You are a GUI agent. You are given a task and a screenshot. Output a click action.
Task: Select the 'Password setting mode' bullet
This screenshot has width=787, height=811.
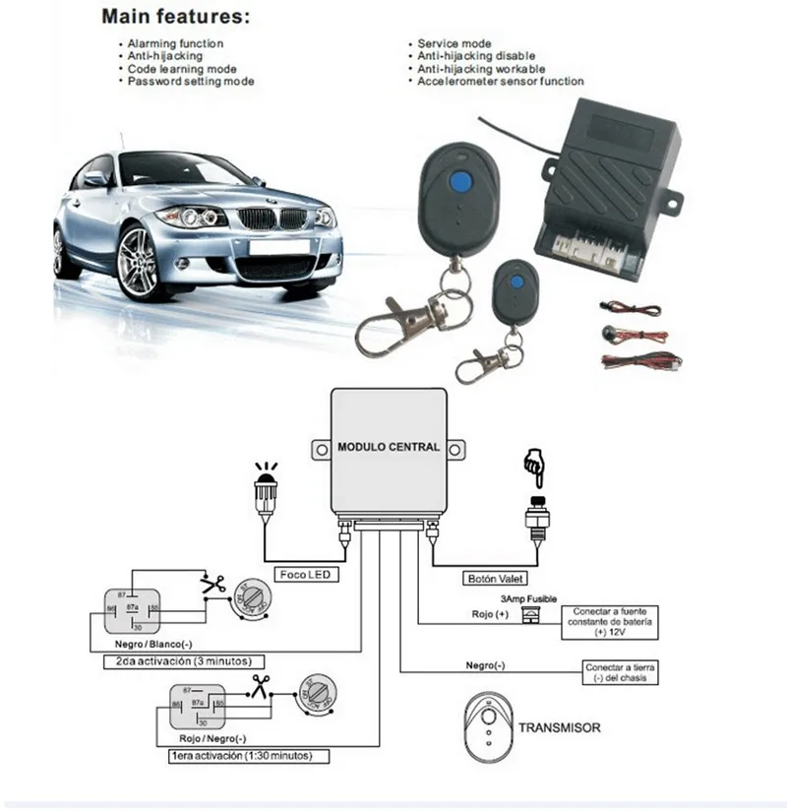[x=190, y=82]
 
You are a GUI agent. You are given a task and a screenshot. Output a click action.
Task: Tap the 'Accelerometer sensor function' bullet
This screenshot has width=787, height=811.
[x=500, y=82]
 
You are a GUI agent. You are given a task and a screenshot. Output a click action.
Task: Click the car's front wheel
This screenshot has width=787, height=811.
[x=137, y=260]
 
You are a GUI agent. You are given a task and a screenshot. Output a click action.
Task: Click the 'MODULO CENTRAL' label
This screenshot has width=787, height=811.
[x=389, y=447]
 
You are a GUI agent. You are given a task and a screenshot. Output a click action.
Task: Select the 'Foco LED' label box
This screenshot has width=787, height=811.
[x=305, y=574]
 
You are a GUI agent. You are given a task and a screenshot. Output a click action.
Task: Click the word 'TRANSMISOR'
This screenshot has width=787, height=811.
[x=560, y=728]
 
